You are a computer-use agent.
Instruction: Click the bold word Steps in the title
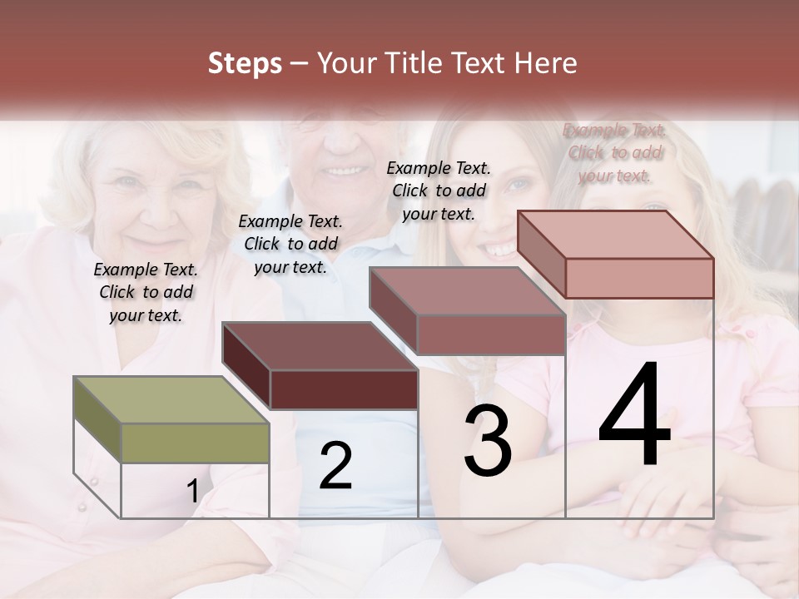tap(244, 63)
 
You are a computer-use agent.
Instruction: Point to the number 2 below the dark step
tap(335, 466)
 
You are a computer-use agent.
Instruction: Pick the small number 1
tap(192, 492)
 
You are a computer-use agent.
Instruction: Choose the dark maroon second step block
tap(320, 366)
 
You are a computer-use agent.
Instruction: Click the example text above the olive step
tap(146, 292)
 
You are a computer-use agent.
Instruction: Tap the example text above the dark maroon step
tap(290, 244)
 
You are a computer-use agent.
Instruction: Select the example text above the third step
tap(439, 191)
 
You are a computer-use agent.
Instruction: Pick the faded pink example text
tap(614, 152)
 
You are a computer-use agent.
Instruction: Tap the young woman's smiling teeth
tap(499, 249)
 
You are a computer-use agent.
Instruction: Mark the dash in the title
tap(300, 63)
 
